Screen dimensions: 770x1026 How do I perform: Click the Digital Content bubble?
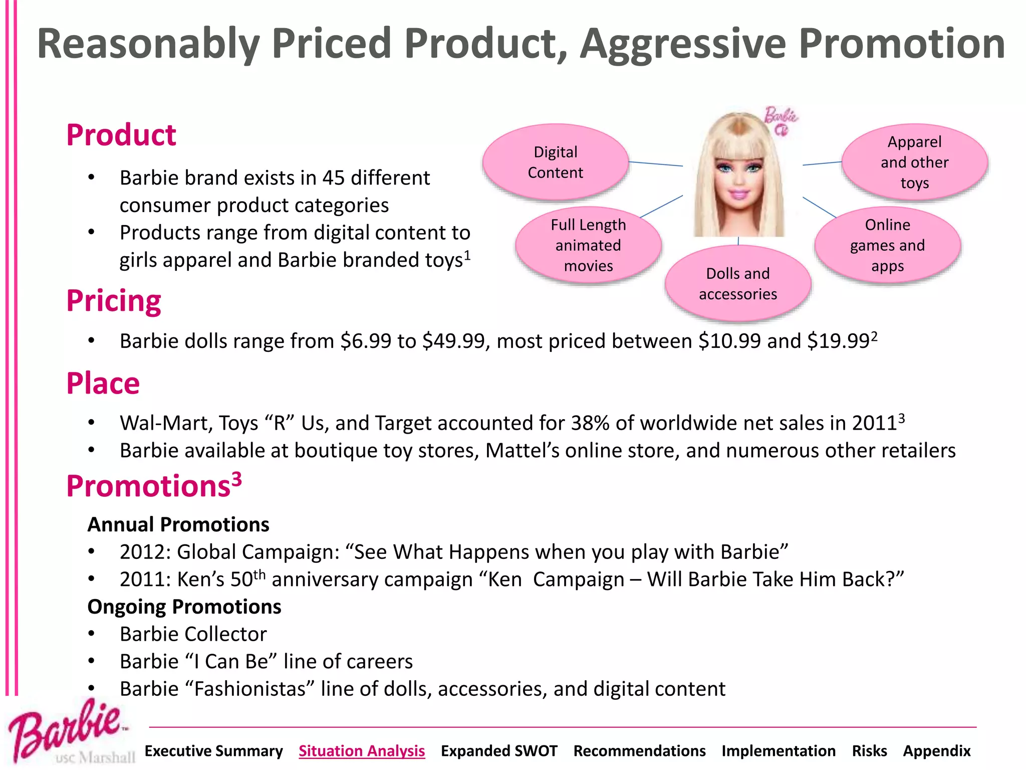[x=555, y=162]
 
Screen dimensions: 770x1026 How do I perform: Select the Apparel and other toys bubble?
[x=914, y=162]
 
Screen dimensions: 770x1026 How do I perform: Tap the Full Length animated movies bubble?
[x=588, y=245]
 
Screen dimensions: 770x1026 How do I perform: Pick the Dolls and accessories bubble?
[x=737, y=284]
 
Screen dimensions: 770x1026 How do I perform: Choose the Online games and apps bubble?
[x=887, y=245]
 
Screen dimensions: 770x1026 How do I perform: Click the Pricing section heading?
[x=114, y=301]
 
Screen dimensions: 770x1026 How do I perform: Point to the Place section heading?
[x=103, y=383]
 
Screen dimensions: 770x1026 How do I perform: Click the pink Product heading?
[x=121, y=135]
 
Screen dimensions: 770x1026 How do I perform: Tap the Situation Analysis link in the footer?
[x=362, y=750]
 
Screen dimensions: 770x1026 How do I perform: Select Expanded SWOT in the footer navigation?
[x=499, y=750]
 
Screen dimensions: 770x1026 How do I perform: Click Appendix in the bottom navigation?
[x=936, y=750]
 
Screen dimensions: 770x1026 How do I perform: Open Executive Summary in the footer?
[x=213, y=750]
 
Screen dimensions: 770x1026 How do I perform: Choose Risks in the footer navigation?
[x=869, y=750]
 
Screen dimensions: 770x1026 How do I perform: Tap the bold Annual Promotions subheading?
[x=178, y=524]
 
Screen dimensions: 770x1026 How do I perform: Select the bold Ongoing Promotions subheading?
[x=184, y=607]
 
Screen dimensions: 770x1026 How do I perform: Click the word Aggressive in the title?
[x=683, y=44]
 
